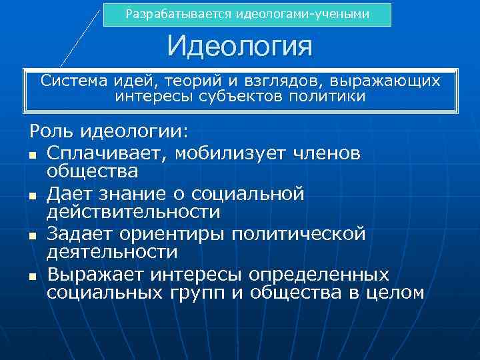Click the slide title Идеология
239,47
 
